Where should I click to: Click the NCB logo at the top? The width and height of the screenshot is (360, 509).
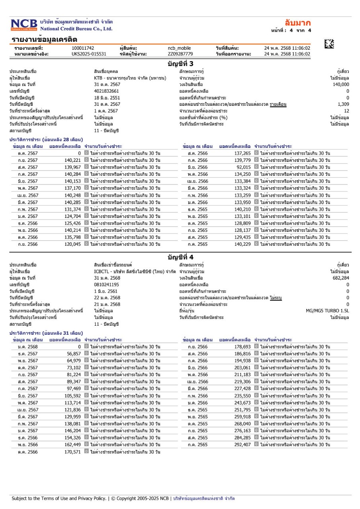[x=24, y=25]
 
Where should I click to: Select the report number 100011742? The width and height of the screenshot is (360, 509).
[x=83, y=49]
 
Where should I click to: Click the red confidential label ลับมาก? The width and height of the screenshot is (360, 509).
[x=298, y=22]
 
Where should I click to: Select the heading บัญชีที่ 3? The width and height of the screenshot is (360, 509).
[x=180, y=64]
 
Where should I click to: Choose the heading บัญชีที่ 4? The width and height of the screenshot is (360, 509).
[x=180, y=257]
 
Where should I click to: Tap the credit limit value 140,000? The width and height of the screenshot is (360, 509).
[x=341, y=85]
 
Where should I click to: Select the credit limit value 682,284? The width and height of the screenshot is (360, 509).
[x=341, y=278]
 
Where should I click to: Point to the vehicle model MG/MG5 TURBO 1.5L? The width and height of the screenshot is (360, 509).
[x=327, y=311]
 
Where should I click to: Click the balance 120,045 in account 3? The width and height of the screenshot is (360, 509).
[x=72, y=244]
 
